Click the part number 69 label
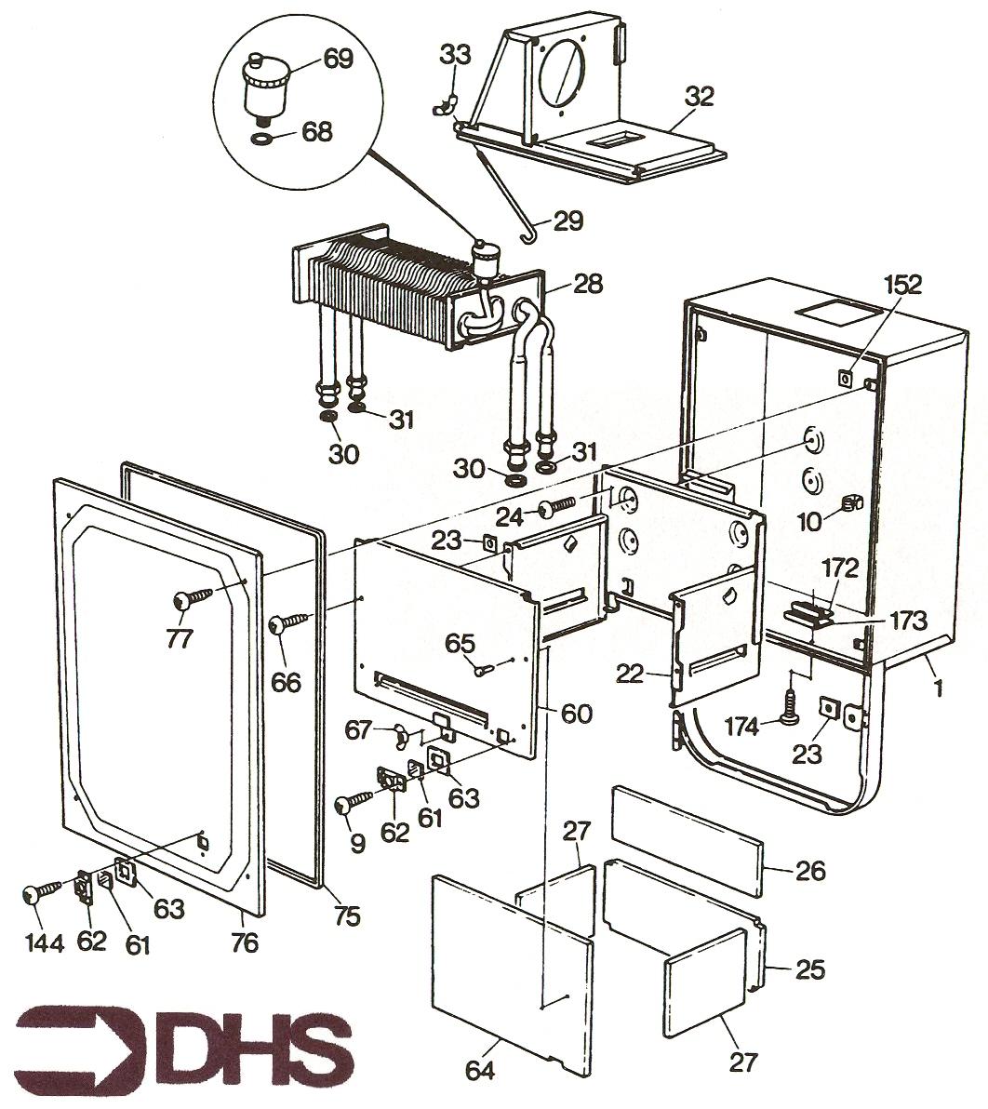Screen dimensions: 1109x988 point(339,60)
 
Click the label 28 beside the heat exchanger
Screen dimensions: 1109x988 point(586,283)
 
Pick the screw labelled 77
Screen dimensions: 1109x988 point(194,598)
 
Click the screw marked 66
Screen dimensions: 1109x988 point(286,624)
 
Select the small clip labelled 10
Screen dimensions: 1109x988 point(849,503)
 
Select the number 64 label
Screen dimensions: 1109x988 point(479,1072)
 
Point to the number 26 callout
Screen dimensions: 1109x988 point(810,871)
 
